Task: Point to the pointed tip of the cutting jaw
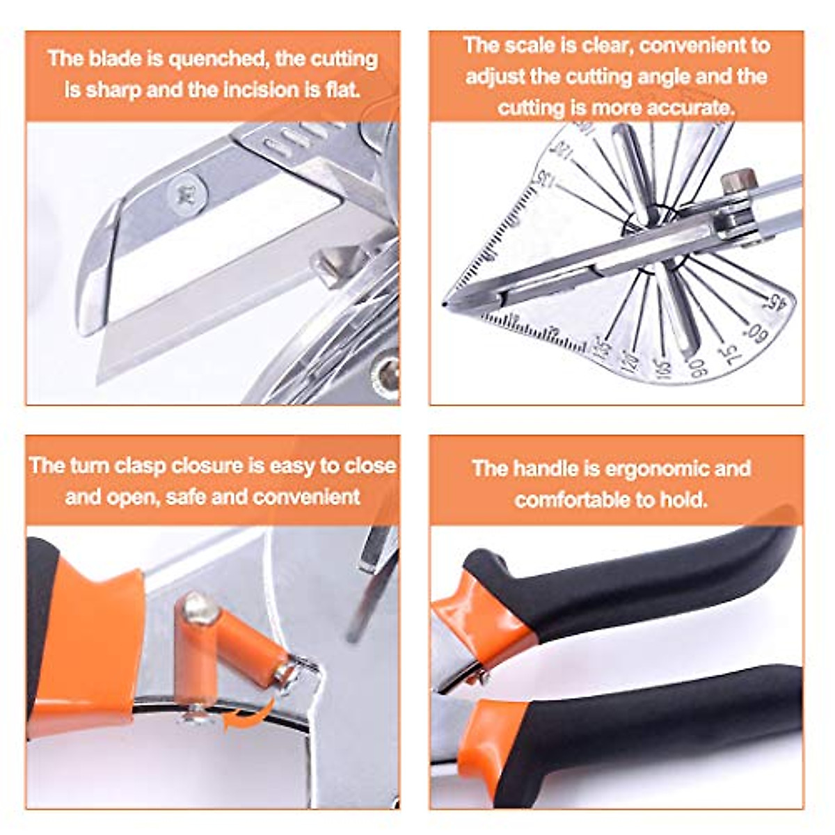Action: coord(445,304)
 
